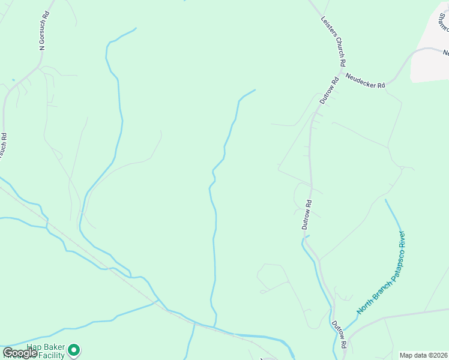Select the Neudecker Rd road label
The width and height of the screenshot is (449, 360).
pyautogui.click(x=365, y=81)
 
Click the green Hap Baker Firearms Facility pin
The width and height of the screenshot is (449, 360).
pyautogui.click(x=74, y=349)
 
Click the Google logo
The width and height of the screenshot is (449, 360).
pyautogui.click(x=19, y=353)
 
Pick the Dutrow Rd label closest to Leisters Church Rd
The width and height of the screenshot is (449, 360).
pyautogui.click(x=330, y=90)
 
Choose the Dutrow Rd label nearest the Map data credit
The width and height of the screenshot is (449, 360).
pyautogui.click(x=340, y=333)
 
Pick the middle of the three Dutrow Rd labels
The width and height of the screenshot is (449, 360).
pyautogui.click(x=307, y=215)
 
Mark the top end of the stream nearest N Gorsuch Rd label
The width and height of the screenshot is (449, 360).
pyautogui.click(x=136, y=28)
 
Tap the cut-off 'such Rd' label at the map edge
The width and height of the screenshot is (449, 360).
pyautogui.click(x=4, y=146)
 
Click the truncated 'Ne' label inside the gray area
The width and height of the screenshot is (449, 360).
pyautogui.click(x=445, y=53)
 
